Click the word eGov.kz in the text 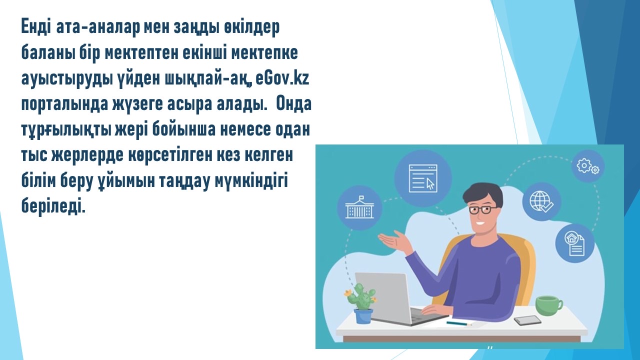click(282, 78)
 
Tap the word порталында click(65, 104)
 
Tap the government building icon click(359, 208)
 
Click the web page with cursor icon click(423, 178)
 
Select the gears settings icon click(588, 166)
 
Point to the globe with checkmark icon click(541, 201)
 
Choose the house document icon click(575, 243)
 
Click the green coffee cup click(548, 305)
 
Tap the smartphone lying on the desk click(527, 320)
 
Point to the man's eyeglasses click(482, 210)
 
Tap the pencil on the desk click(459, 323)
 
